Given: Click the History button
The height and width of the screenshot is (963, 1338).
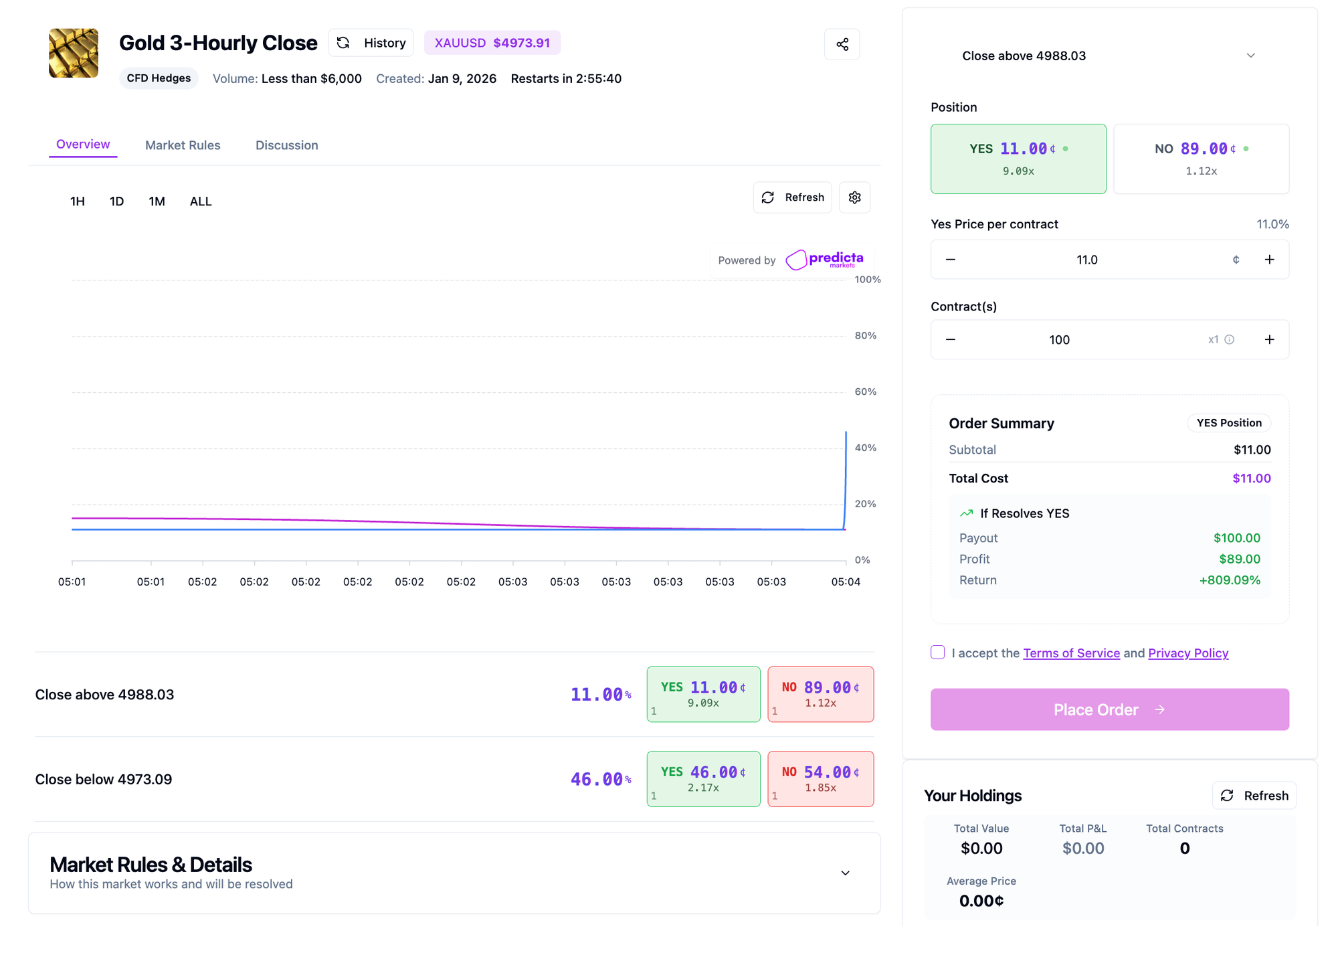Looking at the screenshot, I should [371, 43].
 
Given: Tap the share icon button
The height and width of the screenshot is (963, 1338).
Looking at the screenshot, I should [842, 44].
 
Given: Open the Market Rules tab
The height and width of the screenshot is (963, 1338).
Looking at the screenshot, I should [183, 145].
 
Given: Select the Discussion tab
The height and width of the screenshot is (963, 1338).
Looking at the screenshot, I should [286, 145].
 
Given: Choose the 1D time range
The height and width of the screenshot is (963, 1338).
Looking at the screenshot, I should [116, 201].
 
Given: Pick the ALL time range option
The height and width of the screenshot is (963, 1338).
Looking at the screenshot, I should [200, 201].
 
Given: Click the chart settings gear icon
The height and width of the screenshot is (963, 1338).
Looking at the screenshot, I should [854, 197].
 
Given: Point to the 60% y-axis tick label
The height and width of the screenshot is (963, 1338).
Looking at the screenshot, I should [865, 391].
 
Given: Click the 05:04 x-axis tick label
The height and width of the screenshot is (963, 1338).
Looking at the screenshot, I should [845, 582].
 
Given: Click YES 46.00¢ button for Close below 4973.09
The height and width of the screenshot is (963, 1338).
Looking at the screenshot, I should [703, 778].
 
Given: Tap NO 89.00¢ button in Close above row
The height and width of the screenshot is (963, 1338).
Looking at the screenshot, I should [820, 694].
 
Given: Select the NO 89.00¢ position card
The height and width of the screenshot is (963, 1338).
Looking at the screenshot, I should [1201, 159].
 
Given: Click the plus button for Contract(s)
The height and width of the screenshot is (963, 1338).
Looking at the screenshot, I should [1269, 339].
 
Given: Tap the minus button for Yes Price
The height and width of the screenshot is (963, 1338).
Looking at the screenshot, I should [951, 260].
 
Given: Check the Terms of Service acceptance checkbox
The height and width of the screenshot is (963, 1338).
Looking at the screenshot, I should [938, 652].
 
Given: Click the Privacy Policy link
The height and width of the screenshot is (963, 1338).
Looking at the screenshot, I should [1188, 653].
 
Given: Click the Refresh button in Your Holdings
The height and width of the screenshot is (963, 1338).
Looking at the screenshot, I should [1254, 796].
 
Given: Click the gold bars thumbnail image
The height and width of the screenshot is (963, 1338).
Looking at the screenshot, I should [74, 53].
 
